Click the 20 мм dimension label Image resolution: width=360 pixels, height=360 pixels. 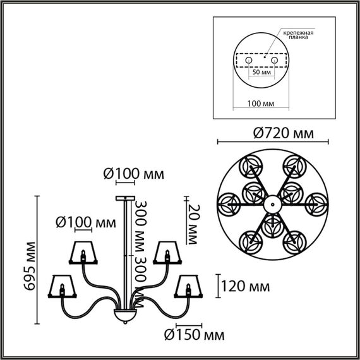tap(193, 220)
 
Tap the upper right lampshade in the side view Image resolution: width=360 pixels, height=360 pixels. tap(167, 252)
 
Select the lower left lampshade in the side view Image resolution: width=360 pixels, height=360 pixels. tap(63, 287)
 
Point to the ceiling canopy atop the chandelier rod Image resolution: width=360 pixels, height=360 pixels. tap(124, 199)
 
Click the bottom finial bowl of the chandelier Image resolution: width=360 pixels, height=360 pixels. tap(125, 316)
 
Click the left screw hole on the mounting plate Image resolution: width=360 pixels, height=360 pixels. tap(249, 59)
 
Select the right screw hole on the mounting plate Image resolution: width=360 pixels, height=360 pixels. tap(275, 59)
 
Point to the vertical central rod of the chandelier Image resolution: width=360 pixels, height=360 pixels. tap(124, 253)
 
